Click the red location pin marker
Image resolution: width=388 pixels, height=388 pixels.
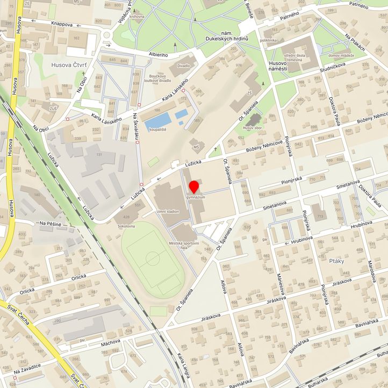click(x=193, y=188)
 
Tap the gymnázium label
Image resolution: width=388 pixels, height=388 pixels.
click(x=196, y=198)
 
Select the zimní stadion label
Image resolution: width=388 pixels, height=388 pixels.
click(x=168, y=212)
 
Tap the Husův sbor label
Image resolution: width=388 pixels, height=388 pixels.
click(x=252, y=128)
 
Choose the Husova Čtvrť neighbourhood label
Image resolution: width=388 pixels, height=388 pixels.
click(x=68, y=65)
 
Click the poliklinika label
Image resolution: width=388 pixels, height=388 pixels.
click(x=268, y=40)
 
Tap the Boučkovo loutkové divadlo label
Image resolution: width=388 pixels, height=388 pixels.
click(x=160, y=78)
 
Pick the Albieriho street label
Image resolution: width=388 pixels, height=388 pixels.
click(x=158, y=55)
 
